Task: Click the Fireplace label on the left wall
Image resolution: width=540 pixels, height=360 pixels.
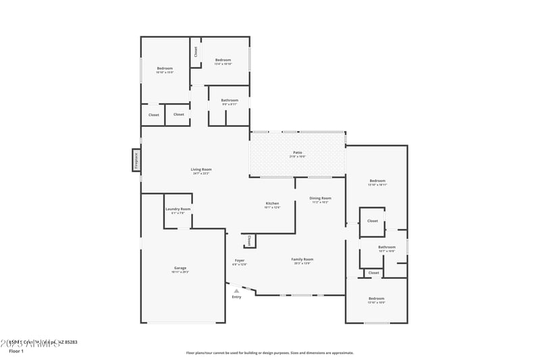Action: [136, 160]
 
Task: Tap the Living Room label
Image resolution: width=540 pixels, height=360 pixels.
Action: [201, 170]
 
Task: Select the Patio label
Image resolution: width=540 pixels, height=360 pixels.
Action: [298, 153]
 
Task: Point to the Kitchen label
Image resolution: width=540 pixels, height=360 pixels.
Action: [272, 203]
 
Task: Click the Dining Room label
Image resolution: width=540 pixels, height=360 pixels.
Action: [319, 199]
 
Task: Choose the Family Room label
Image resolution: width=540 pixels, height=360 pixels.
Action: [302, 259]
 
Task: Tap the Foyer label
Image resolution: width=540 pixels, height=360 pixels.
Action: [240, 261]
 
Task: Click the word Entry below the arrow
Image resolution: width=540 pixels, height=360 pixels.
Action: [236, 297]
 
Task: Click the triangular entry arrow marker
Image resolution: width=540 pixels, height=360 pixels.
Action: [236, 290]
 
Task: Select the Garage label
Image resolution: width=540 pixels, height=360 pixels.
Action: [180, 268]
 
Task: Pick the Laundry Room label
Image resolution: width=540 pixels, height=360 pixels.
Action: [178, 209]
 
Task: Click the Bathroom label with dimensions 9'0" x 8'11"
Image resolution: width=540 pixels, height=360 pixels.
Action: [230, 101]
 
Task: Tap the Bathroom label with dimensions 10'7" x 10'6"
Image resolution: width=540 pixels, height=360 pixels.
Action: [387, 247]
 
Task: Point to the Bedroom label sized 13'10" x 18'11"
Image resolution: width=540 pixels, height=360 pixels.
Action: [377, 181]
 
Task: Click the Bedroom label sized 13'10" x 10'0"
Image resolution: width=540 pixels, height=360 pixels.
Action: [376, 299]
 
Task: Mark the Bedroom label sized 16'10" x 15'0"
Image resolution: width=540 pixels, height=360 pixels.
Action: [165, 68]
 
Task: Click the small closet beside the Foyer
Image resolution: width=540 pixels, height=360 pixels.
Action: [249, 240]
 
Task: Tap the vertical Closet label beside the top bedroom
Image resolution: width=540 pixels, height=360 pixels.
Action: [196, 51]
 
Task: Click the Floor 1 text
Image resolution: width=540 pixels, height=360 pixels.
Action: [16, 351]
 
